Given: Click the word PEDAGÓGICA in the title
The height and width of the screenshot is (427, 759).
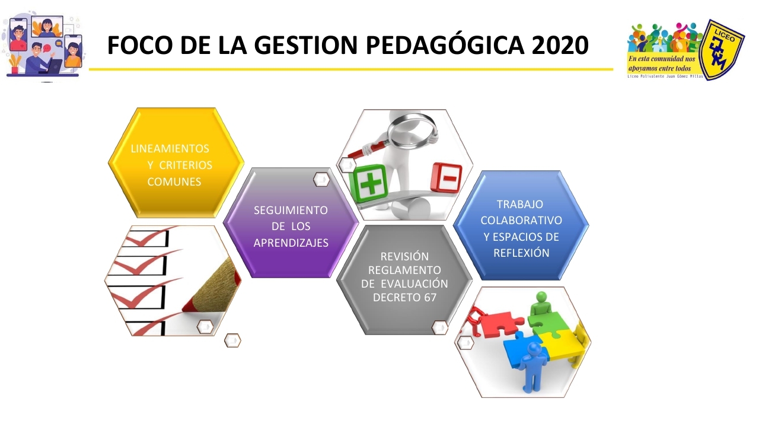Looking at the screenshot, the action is (445, 45).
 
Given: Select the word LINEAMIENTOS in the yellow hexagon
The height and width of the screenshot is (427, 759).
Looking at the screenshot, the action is (170, 148).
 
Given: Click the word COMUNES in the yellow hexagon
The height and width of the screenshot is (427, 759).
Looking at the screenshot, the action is (174, 181).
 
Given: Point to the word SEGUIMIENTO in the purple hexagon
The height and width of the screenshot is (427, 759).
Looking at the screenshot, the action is (291, 210).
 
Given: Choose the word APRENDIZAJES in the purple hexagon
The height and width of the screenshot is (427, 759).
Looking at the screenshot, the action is (291, 243).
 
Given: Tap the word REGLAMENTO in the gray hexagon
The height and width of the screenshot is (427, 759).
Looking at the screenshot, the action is (404, 270).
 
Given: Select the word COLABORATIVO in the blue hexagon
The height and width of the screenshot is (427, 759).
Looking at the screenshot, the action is (521, 220).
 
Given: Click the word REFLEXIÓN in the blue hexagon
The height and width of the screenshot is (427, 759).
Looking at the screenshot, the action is (521, 253).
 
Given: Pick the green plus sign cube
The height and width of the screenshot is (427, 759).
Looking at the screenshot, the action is (369, 184).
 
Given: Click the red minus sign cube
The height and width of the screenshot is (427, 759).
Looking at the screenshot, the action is (446, 178).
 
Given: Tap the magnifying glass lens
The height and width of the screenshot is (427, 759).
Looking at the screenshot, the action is (412, 130).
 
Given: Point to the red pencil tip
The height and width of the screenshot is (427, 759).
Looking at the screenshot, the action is (187, 308).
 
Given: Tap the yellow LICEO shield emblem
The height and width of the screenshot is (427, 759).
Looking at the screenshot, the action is (722, 50).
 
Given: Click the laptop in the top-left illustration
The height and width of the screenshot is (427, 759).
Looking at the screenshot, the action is (53, 66).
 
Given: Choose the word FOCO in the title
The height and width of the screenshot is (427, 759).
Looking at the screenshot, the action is (140, 45).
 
